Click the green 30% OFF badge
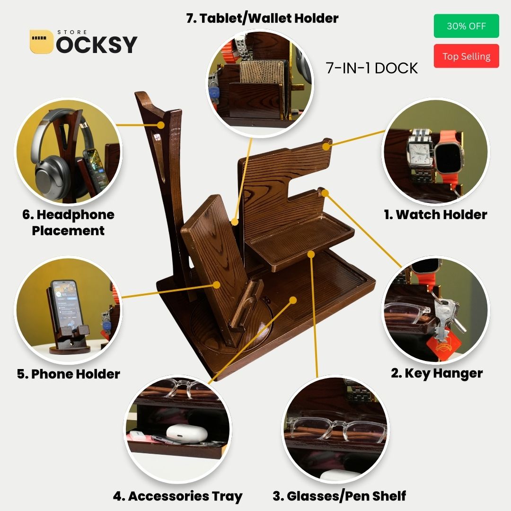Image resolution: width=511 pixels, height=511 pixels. (466, 26)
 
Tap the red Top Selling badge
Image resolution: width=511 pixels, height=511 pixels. (466, 56)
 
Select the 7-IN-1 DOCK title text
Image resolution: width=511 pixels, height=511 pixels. (372, 68)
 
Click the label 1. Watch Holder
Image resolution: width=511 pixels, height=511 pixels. (435, 214)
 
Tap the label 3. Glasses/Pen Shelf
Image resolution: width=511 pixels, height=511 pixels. (339, 496)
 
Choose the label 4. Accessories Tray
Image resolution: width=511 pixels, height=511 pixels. (177, 496)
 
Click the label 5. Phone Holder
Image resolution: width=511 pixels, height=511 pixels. (69, 374)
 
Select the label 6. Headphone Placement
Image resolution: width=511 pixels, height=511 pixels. (68, 222)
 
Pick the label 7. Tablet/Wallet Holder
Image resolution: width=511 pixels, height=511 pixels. (262, 18)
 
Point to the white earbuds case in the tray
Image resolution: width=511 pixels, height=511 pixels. (187, 432)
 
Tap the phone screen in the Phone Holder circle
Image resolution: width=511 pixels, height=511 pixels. (65, 303)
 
